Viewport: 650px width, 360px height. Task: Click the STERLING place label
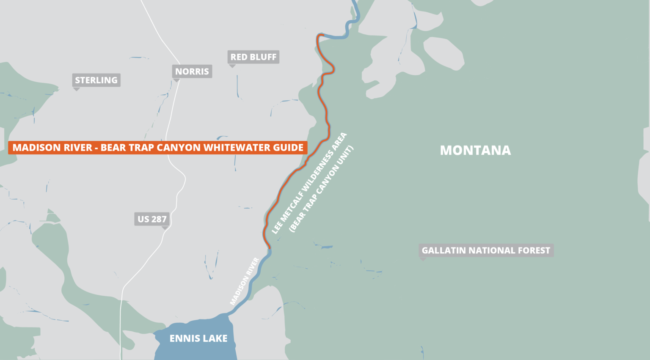[96, 80]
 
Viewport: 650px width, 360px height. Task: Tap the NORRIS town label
[192, 71]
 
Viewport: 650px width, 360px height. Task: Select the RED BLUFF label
[253, 57]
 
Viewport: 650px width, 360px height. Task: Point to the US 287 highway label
[152, 219]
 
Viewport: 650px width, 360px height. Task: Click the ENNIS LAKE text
[198, 338]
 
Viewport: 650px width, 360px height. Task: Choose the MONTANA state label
[475, 150]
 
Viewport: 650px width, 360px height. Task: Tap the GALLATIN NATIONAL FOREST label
[486, 250]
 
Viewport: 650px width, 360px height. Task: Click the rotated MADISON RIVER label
[244, 281]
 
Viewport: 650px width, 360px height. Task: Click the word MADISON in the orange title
[32, 148]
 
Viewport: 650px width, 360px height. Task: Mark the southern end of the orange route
[269, 248]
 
